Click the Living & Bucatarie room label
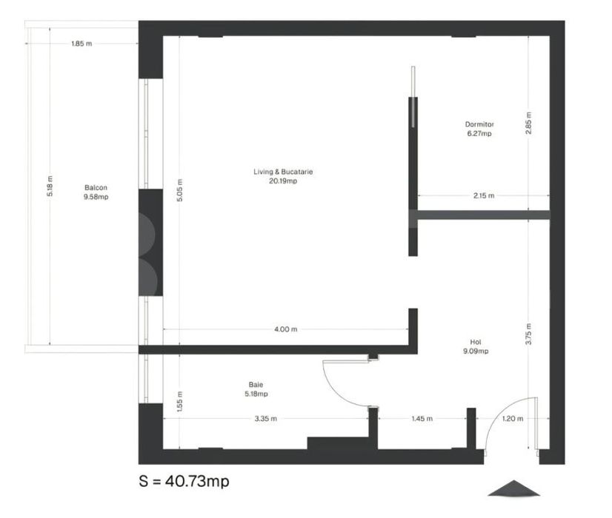pos(283,172)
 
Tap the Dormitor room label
pos(479,124)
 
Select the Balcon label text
pos(96,188)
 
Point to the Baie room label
pos(256,385)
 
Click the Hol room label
pos(476,342)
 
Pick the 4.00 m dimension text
pos(286,329)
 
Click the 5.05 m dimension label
pos(179,190)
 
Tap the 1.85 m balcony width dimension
pos(82,44)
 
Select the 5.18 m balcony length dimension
pos(50,186)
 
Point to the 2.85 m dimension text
pos(528,123)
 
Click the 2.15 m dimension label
pos(484,195)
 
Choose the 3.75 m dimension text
pos(528,334)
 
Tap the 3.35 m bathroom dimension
pos(266,419)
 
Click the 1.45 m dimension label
pos(422,419)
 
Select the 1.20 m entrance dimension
pos(513,419)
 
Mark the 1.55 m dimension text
pos(179,402)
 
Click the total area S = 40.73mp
pos(184,481)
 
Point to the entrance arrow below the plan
pos(513,488)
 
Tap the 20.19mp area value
pos(283,181)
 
